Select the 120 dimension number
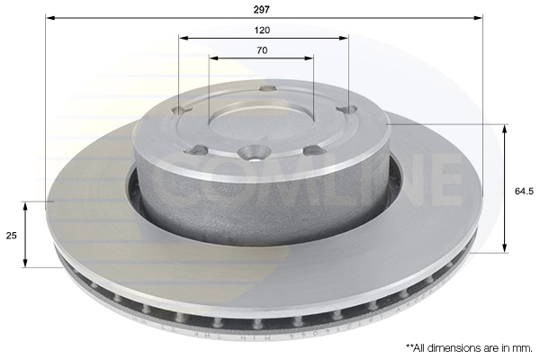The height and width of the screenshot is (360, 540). coord(262,29)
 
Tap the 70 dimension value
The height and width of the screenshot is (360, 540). coord(262,50)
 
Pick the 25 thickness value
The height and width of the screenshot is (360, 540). coord(12,234)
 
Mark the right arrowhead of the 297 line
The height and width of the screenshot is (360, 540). coord(481,17)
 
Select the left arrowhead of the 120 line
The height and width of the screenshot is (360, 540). coord(182,39)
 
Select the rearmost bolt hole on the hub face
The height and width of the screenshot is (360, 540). coord(267,88)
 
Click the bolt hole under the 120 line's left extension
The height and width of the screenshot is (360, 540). coord(184,111)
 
